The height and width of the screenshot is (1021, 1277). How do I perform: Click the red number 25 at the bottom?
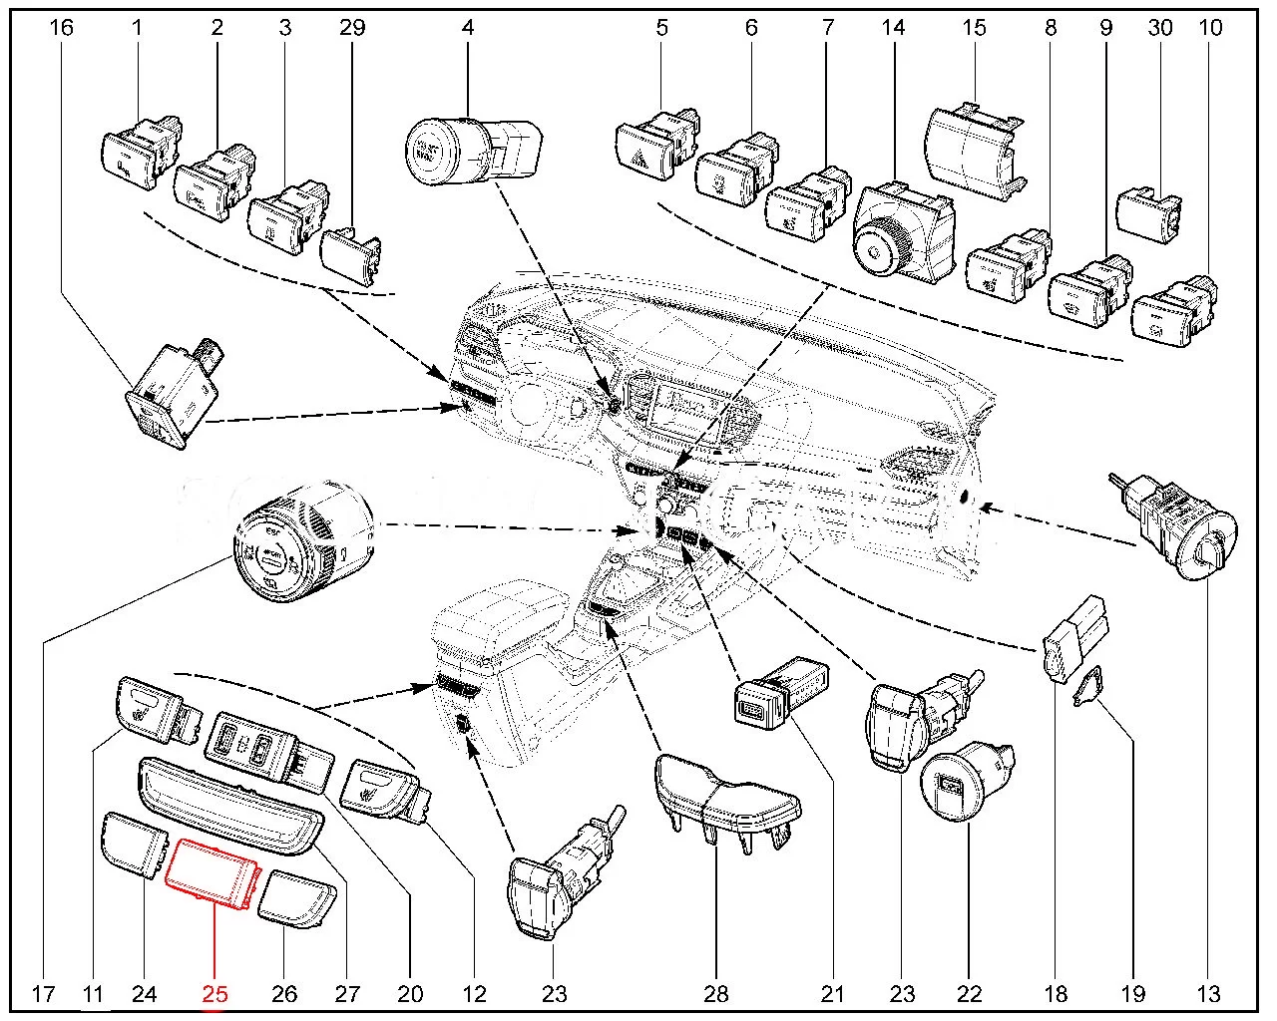point(215,993)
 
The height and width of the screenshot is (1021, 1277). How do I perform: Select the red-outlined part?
point(213,874)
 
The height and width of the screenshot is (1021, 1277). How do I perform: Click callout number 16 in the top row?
point(62,27)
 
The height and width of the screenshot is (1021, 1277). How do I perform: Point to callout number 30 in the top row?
point(1159,27)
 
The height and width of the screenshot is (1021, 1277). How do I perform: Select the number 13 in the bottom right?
point(1208,993)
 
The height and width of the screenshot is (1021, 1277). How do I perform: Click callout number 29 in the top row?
point(352,27)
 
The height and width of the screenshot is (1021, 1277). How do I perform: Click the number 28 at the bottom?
point(716,993)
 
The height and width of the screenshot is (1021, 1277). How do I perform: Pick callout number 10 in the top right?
point(1209,27)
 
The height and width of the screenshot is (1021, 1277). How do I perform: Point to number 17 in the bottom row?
point(42,993)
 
